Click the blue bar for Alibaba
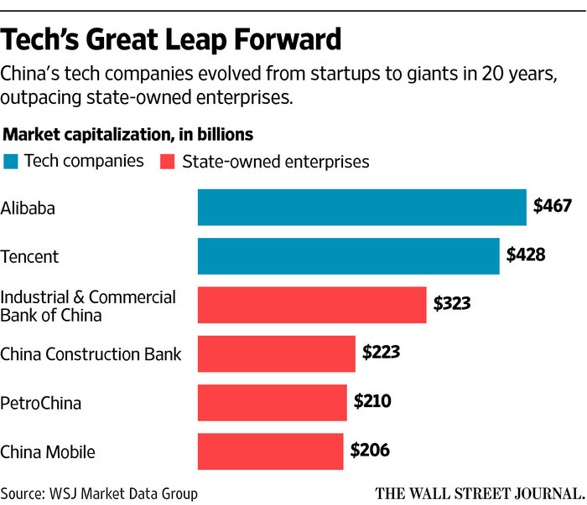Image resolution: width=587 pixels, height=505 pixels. (x=361, y=207)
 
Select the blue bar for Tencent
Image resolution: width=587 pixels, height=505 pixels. (x=348, y=255)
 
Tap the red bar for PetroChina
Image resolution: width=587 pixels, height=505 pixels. (x=272, y=402)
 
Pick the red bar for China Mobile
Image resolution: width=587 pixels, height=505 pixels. (x=270, y=451)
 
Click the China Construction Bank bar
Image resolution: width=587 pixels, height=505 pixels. (x=276, y=353)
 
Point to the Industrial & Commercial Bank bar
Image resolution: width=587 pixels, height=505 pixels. (x=312, y=305)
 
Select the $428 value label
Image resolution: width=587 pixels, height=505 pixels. (x=526, y=254)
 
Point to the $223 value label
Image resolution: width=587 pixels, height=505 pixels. (x=381, y=352)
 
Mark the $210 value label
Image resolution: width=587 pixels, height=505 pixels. (x=372, y=401)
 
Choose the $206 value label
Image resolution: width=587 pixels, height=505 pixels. (x=369, y=451)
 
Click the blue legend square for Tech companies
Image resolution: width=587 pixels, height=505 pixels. (x=11, y=161)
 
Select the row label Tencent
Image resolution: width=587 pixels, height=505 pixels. (x=29, y=256)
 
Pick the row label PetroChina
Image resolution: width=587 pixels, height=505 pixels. (x=41, y=403)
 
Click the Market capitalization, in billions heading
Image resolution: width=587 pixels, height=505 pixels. (x=129, y=134)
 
